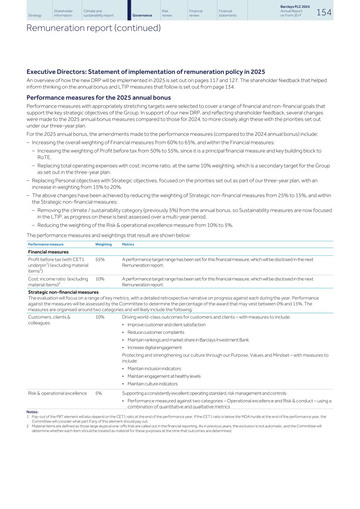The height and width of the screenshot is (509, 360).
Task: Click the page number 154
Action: (x=323, y=12)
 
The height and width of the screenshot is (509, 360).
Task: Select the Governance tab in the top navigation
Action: (x=142, y=15)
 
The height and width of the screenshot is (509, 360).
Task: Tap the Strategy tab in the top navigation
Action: (x=35, y=15)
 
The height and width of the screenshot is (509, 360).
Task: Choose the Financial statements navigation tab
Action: (x=225, y=13)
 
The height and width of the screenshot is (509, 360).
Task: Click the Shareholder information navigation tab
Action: (x=63, y=13)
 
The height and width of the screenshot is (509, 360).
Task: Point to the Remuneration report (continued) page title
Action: (x=93, y=28)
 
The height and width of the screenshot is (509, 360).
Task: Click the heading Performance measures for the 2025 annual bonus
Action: (x=98, y=98)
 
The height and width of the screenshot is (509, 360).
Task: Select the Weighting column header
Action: (x=103, y=244)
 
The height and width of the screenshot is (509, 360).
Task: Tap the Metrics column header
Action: (x=128, y=244)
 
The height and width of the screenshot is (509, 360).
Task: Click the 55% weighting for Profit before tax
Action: (x=100, y=260)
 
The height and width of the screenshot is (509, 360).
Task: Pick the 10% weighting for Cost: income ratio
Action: (x=100, y=279)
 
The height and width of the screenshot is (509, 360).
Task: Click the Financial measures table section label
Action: (x=48, y=252)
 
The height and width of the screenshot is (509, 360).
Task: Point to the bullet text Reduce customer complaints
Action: (x=156, y=332)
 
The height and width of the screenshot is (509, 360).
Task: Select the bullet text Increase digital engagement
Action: (x=154, y=348)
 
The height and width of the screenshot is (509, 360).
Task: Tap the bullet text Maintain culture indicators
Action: (x=152, y=384)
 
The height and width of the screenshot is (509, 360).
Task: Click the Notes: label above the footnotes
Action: (x=32, y=412)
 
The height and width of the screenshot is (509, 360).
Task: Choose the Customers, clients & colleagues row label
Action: (x=49, y=320)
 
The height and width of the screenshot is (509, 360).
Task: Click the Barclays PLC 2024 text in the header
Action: (x=295, y=7)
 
